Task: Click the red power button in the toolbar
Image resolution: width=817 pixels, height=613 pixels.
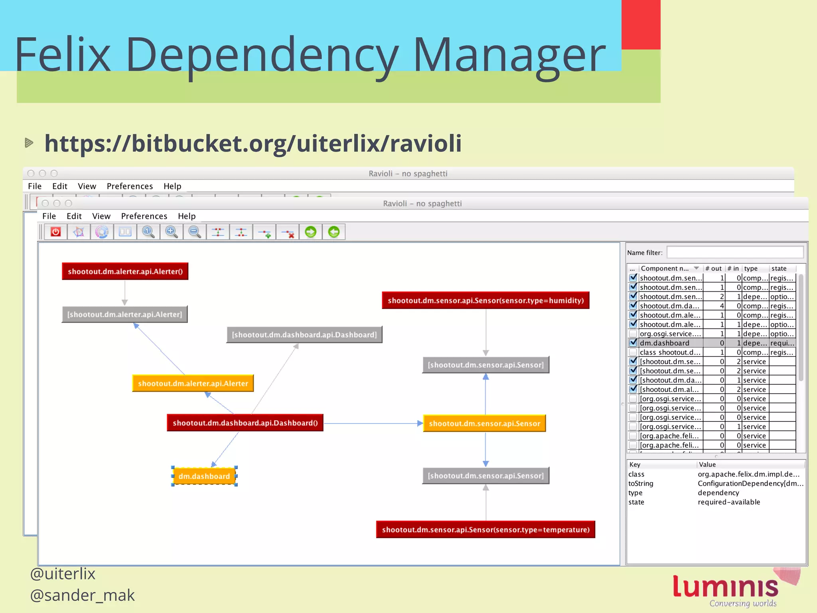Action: click(55, 232)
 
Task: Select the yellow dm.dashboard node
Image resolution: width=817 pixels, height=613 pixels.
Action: click(204, 476)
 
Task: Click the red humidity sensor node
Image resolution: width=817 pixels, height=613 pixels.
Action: click(485, 301)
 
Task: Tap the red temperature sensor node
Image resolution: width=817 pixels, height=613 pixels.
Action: click(485, 530)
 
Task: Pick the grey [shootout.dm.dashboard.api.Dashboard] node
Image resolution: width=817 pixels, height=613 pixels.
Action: click(304, 335)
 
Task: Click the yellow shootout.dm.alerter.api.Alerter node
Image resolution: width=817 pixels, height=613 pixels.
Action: click(193, 384)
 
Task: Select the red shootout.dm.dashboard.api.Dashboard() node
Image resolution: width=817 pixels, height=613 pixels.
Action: click(245, 423)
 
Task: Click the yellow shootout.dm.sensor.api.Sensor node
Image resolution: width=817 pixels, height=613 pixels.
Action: click(484, 423)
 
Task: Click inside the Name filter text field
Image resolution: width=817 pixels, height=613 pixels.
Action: click(735, 252)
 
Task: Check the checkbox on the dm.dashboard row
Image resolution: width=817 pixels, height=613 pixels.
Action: click(633, 343)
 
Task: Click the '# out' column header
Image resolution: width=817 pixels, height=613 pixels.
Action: click(714, 269)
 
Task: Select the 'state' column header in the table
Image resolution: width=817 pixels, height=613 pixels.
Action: click(779, 269)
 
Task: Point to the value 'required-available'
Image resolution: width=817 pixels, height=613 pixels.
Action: click(729, 502)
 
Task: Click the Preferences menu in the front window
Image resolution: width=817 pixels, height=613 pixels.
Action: click(144, 216)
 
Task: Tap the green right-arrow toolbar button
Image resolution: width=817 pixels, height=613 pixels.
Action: click(310, 232)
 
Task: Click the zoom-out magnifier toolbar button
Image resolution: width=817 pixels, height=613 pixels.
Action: click(195, 232)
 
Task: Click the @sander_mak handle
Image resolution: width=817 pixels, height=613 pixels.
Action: click(83, 595)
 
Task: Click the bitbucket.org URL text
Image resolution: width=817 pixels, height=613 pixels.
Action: click(253, 143)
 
